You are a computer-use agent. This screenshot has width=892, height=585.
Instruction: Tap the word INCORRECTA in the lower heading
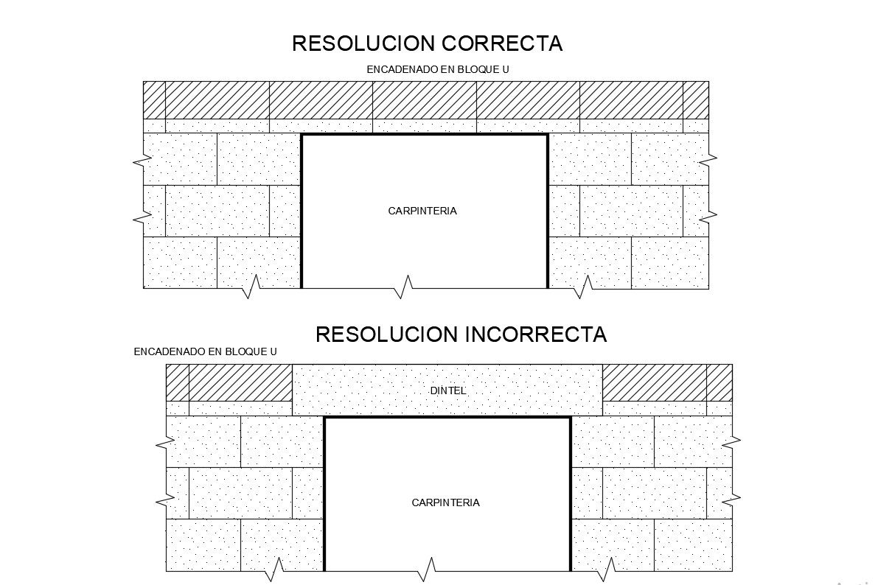535,334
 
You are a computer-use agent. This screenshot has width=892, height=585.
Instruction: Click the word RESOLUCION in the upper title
364,43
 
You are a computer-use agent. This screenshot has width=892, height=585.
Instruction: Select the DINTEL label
448,390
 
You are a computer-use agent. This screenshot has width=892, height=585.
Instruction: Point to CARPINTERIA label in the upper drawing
422,211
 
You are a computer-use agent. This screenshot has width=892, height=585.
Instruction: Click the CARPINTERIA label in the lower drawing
445,502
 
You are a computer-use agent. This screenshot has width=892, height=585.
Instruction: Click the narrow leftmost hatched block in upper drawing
154,99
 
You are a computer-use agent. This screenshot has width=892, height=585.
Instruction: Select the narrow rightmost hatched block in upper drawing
696,99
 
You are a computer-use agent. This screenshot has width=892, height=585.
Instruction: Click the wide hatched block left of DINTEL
241,382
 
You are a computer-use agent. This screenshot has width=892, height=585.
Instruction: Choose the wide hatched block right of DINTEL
655,382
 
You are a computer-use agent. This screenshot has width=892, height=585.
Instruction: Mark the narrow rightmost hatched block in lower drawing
719,382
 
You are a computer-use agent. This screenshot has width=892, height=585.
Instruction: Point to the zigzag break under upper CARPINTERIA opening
404,287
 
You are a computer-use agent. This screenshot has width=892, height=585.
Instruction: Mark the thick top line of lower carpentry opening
447,418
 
